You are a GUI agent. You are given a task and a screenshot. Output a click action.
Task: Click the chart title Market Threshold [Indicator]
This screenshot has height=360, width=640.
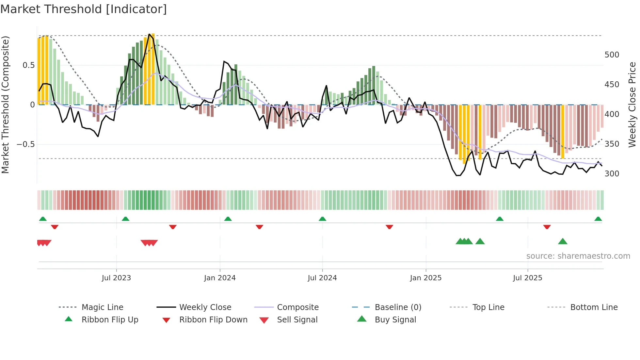coord(84,9)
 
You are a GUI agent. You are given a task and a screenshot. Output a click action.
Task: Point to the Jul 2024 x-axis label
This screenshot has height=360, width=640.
coord(322,278)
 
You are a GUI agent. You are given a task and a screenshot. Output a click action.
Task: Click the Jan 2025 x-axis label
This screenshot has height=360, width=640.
coord(425,278)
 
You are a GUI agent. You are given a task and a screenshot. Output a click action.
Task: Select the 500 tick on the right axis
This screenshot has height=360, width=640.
coord(612,55)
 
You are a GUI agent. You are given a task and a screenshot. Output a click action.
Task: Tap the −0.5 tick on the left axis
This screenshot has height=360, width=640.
coord(25,144)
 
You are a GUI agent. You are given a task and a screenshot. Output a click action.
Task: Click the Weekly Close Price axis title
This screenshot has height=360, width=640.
coord(632,105)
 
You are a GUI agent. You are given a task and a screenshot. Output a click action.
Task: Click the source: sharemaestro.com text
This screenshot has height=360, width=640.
coord(578,256)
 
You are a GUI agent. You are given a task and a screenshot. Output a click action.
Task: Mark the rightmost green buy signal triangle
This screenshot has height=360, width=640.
coord(563,241)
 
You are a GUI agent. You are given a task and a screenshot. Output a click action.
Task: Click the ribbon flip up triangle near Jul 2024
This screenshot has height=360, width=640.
coord(322,219)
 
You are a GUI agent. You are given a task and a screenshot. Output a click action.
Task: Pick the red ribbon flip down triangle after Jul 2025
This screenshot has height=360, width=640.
coord(547,227)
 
